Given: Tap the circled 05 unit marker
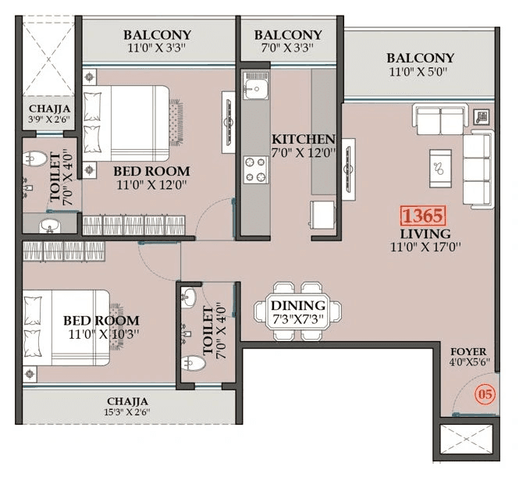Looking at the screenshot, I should [x=485, y=394].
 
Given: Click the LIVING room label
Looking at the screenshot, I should [x=425, y=234].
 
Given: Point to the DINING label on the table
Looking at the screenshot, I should [x=297, y=305].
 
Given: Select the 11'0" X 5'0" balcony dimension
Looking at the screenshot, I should [x=420, y=73].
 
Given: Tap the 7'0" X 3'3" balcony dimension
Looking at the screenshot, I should [x=287, y=49].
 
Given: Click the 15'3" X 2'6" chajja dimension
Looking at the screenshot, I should [x=129, y=412].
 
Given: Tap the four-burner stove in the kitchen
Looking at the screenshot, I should [x=255, y=169].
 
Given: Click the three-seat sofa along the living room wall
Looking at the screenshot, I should [x=478, y=169].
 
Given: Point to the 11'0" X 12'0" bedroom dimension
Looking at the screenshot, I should [x=151, y=186].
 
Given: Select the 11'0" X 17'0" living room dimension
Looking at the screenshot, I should [x=425, y=248].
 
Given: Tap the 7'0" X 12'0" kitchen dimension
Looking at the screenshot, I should [x=304, y=153].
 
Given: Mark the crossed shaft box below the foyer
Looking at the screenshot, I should [x=467, y=442].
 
